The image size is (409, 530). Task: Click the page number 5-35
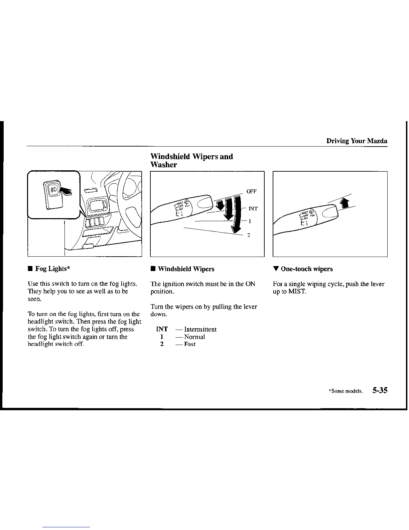[379, 390]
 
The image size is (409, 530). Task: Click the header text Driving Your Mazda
[357, 141]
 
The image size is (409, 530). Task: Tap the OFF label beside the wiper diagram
[251, 191]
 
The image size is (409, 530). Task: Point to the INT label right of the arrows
[253, 209]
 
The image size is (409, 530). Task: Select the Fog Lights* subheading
[52, 269]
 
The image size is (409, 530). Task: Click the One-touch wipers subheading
[307, 269]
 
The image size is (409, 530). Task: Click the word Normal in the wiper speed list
[194, 337]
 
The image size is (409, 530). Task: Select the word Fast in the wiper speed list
[190, 344]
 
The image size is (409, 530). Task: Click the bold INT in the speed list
[162, 330]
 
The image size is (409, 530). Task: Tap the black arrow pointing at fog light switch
[65, 191]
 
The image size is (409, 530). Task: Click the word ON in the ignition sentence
[250, 284]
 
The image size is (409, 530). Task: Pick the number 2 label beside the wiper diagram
[249, 235]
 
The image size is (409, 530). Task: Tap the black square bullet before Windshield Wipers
[153, 269]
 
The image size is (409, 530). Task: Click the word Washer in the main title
[164, 165]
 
